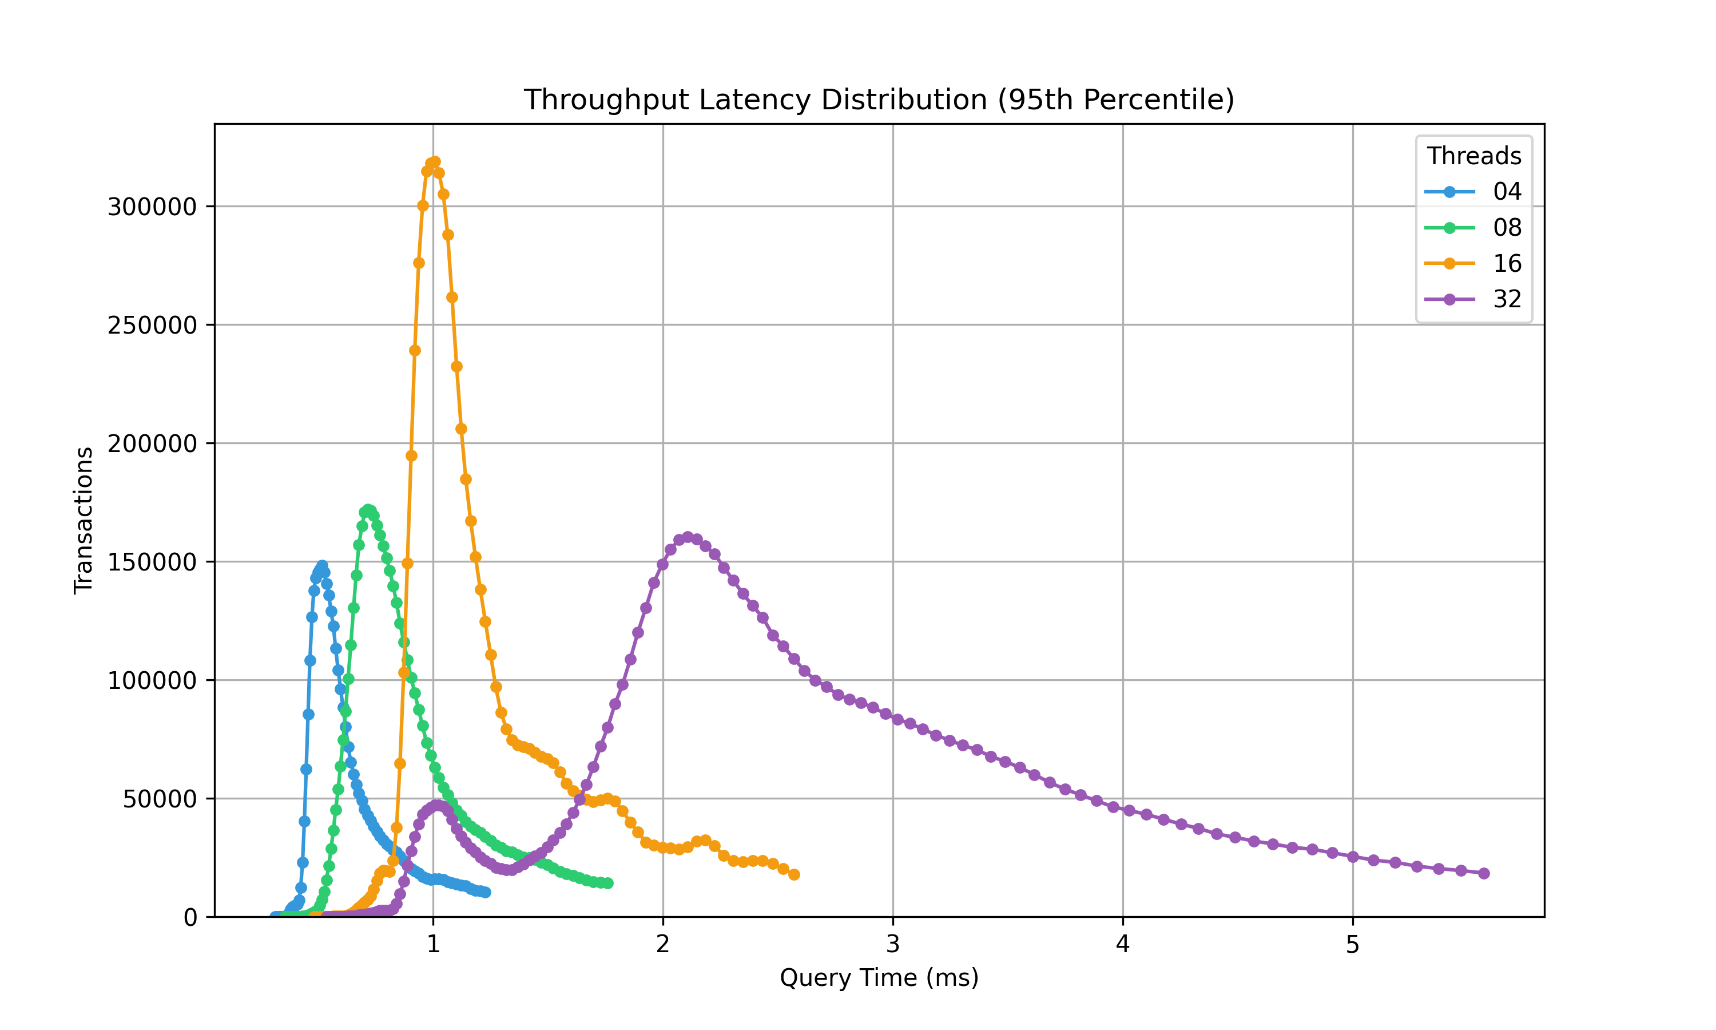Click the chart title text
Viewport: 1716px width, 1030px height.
(879, 100)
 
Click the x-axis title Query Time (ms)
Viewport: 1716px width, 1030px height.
(879, 978)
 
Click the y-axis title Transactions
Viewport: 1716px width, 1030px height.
(84, 521)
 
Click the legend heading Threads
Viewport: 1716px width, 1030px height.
(1474, 156)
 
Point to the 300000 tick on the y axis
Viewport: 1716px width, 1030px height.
(152, 207)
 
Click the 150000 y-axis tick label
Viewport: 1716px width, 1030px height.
(152, 562)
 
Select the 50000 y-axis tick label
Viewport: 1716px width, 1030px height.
(160, 799)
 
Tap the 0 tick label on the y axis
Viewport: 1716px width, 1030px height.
(190, 918)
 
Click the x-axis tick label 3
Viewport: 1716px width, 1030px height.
(893, 945)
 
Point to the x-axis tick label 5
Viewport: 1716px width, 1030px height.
(1353, 945)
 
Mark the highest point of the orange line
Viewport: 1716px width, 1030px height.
(435, 162)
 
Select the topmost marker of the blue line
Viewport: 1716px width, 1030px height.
(323, 566)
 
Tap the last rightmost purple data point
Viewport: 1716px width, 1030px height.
(1484, 873)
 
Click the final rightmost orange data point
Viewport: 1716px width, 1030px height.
(794, 874)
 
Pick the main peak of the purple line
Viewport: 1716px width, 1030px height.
(688, 537)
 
